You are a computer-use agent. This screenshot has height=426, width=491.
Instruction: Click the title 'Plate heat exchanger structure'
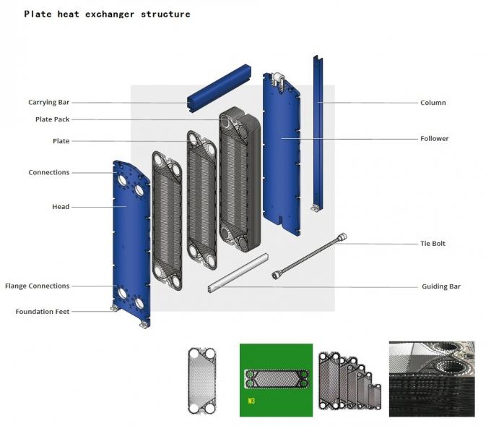tap(107, 14)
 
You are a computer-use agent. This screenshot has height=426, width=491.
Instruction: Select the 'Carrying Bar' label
tap(49, 103)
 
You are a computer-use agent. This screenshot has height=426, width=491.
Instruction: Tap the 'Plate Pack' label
tap(52, 119)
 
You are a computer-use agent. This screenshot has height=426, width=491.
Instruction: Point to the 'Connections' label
tap(49, 172)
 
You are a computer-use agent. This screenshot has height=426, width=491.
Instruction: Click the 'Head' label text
tap(61, 207)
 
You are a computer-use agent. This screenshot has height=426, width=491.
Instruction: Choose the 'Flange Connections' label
tap(38, 286)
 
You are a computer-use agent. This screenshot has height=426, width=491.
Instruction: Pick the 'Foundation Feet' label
tap(43, 312)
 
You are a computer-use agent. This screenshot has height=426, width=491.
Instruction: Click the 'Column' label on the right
tap(433, 103)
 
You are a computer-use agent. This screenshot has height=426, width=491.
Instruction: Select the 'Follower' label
tap(435, 138)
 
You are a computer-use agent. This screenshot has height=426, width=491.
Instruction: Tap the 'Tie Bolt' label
tap(433, 244)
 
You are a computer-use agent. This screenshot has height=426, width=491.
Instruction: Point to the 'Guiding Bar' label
tap(440, 286)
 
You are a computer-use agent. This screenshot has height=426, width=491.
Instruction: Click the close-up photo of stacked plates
tap(431, 378)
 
